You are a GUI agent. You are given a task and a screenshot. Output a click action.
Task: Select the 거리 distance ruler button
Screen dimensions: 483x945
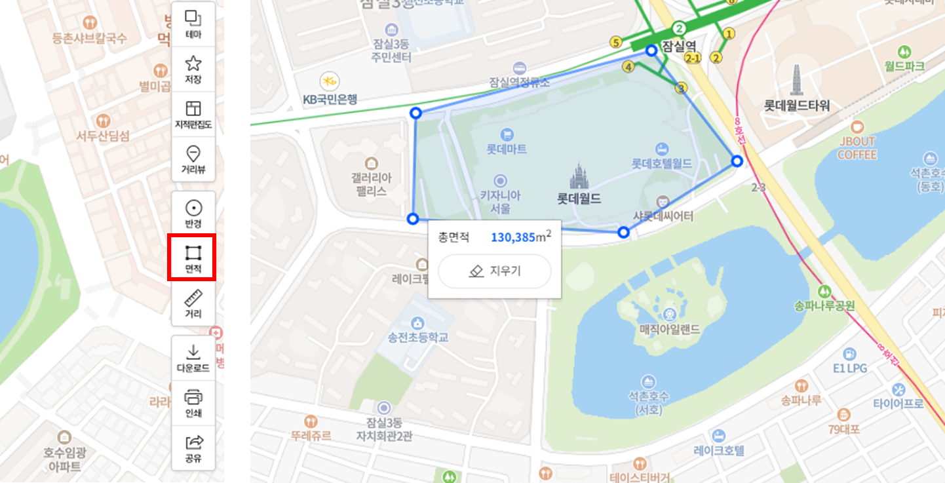(193, 304)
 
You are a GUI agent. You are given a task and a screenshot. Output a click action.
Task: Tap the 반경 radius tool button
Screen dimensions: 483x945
(193, 213)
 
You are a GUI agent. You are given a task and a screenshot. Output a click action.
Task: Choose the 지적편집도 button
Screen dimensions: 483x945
(193, 115)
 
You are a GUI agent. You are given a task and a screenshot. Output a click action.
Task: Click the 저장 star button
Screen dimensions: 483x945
(193, 69)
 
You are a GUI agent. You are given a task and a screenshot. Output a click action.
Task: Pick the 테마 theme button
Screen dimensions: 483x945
(193, 24)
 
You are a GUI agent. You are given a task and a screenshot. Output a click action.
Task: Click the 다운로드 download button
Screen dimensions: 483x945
(193, 358)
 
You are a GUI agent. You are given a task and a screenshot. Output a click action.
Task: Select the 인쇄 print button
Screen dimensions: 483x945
(193, 402)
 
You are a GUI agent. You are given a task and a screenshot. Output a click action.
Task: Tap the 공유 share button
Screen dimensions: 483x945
(193, 448)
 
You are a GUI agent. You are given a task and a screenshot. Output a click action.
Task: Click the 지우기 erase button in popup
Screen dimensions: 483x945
(495, 271)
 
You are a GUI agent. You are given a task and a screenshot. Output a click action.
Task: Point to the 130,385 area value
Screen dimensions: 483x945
(513, 237)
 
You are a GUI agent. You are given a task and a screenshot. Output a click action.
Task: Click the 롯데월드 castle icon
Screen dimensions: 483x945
(578, 176)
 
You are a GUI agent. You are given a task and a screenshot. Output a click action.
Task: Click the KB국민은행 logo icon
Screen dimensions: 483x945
(329, 81)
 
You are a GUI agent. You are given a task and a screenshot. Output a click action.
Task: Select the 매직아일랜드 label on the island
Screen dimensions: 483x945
(670, 329)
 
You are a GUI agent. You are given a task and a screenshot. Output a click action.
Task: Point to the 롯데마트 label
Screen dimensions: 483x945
(506, 149)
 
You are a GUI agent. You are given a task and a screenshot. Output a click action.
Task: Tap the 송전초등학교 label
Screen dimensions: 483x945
(417, 338)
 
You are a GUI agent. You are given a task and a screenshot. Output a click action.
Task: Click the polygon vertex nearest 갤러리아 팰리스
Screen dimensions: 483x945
(412, 219)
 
